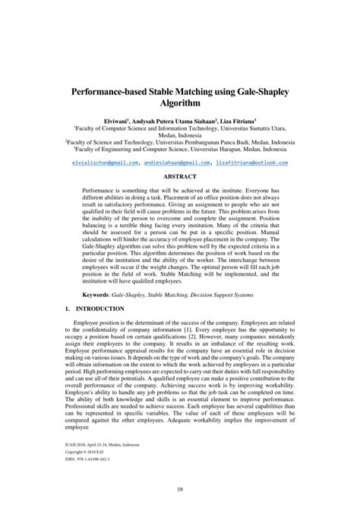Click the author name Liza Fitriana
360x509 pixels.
tap(235, 121)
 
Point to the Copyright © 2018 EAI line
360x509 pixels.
tap(91, 452)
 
